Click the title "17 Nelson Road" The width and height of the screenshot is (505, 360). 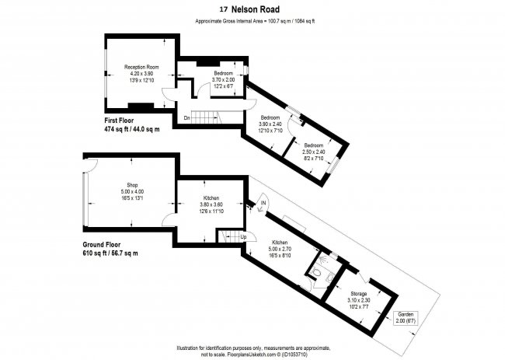252,10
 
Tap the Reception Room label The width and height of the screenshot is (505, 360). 141,68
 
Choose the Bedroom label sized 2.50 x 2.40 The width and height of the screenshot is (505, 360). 314,145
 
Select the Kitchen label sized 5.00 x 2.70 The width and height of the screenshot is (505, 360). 280,243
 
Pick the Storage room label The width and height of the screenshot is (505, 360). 358,294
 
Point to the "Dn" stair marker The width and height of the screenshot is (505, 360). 186,117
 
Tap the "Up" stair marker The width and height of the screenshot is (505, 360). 243,236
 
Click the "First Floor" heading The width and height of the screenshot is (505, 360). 124,121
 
